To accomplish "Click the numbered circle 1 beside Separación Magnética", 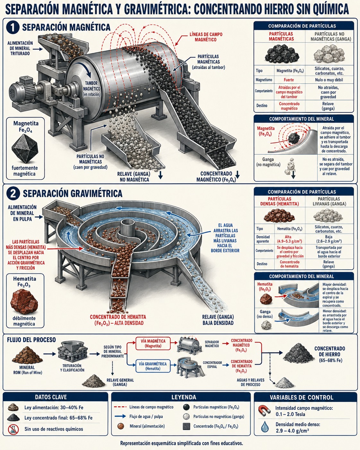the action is coord(13,28).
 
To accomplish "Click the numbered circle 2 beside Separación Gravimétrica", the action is coord(13,194).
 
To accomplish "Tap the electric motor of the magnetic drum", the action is coord(23,90).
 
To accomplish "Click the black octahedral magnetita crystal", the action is coord(25,148).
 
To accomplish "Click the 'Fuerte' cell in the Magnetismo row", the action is coord(289,80).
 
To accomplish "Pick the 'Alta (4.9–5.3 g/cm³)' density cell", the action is coord(289,239).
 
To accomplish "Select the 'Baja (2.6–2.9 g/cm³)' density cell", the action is coord(329,239).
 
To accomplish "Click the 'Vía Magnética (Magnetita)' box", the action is coord(153,343).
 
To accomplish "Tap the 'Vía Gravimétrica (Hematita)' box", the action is coord(153,366).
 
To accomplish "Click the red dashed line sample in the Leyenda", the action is coord(120,407).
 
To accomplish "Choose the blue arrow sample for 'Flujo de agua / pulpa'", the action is coord(120,416).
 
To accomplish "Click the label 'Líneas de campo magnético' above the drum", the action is coord(206,37).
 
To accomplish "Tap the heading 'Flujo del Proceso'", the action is coord(31,340).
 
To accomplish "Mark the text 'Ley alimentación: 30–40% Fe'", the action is coord(54,407).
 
